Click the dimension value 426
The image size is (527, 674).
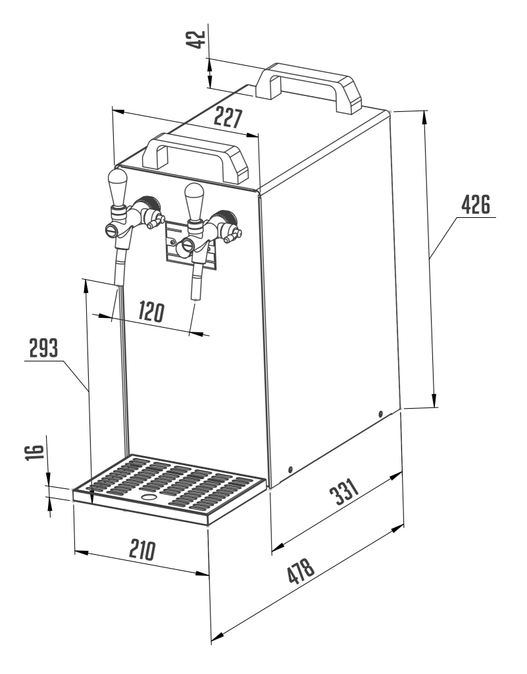click(x=476, y=205)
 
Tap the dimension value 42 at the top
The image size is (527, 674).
click(x=197, y=39)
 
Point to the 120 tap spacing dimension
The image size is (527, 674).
click(x=151, y=312)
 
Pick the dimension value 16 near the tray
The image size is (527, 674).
click(x=35, y=452)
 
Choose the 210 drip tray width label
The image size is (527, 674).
click(x=142, y=550)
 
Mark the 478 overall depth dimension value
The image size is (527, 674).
click(x=301, y=571)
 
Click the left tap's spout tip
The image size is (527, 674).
click(x=118, y=284)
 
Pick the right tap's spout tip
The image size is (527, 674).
click(x=195, y=298)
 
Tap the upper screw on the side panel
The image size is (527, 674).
click(x=380, y=414)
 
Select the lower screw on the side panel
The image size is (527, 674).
click(x=291, y=469)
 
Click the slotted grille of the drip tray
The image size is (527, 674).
click(x=170, y=484)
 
